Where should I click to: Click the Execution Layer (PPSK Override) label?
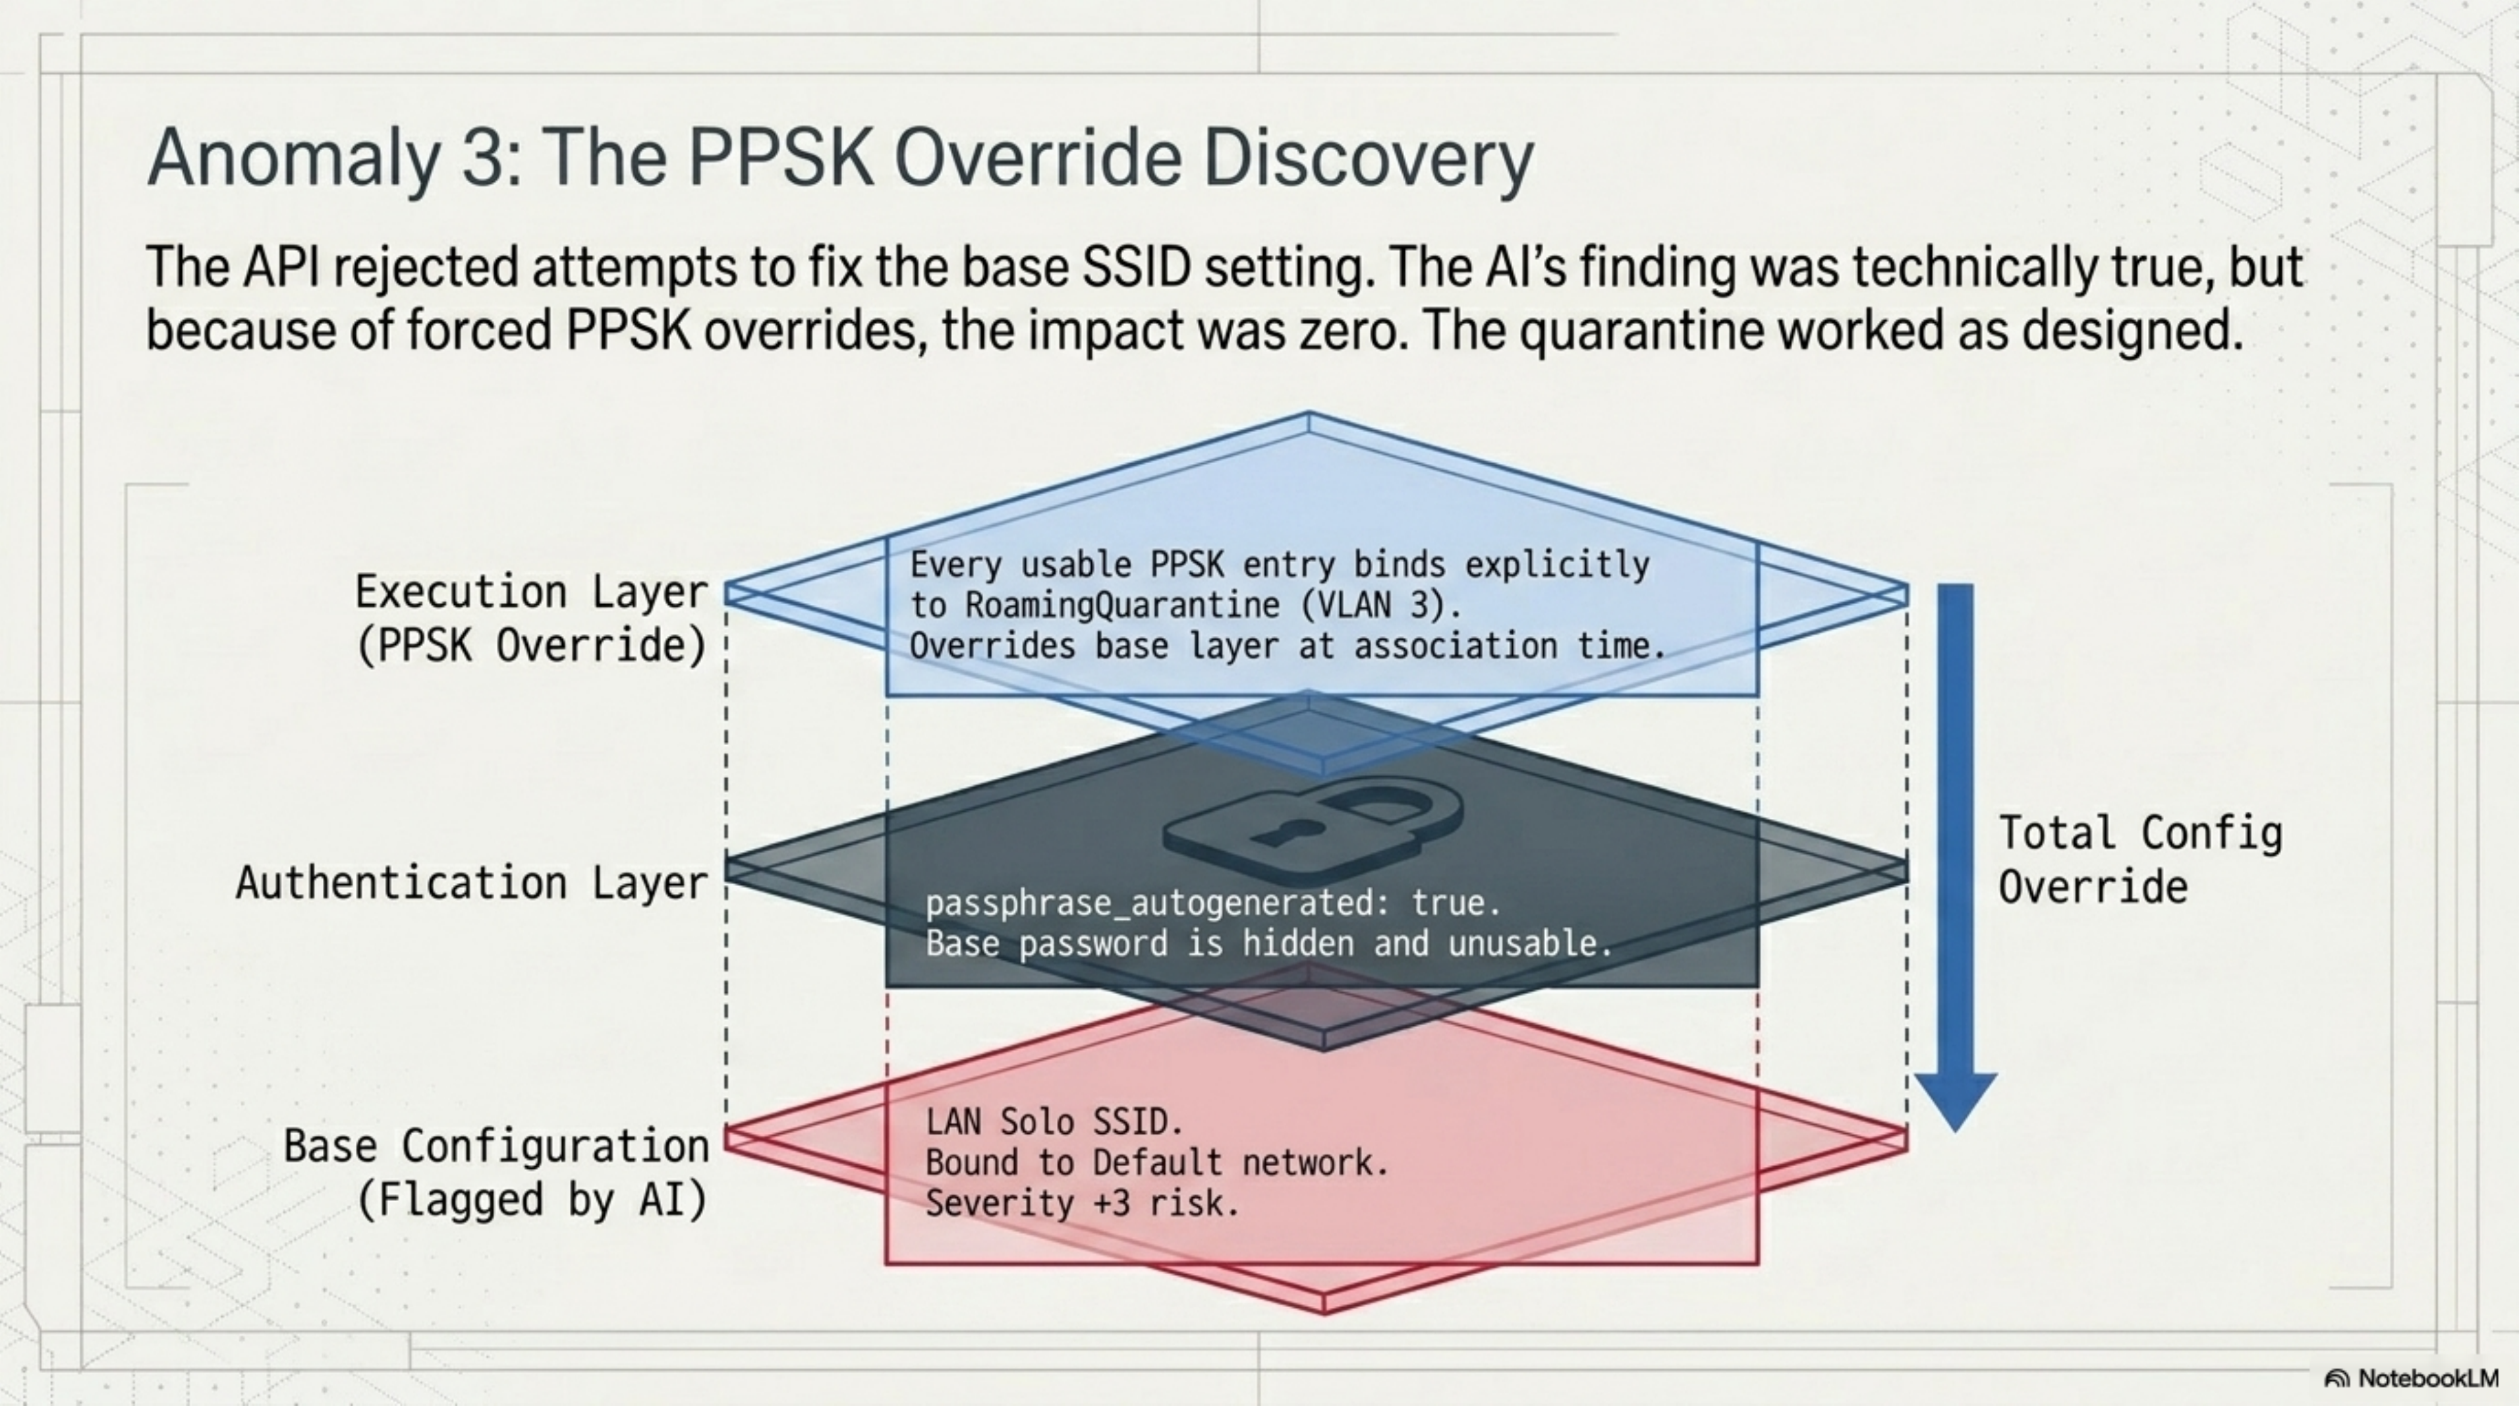531,618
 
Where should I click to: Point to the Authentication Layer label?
471,883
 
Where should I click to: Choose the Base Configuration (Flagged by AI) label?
495,1171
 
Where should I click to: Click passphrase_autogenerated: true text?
1212,903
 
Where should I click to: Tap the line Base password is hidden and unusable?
1268,943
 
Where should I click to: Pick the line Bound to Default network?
1157,1162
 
